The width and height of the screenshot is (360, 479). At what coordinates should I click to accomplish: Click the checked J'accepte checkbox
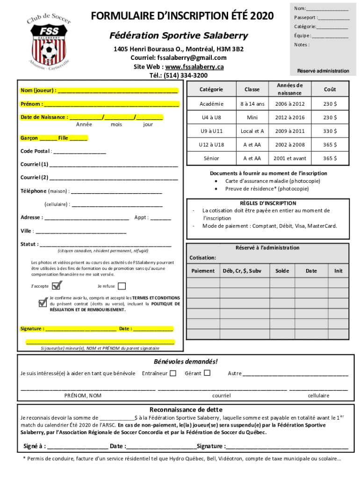(x=57, y=285)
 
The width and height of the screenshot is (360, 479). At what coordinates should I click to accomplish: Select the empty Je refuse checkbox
(x=122, y=286)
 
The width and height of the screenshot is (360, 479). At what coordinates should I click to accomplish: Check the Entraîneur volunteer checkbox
(x=173, y=373)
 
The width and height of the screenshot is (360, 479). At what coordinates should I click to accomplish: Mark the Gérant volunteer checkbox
(x=207, y=373)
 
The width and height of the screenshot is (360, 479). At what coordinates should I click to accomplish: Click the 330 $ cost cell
(x=330, y=131)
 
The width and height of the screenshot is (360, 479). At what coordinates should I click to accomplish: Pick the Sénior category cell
(x=211, y=159)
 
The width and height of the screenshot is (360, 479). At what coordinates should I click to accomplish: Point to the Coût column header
(x=330, y=89)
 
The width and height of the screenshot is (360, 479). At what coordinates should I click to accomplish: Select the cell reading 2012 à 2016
(x=289, y=117)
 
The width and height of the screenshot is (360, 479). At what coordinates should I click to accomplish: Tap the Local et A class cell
(x=252, y=131)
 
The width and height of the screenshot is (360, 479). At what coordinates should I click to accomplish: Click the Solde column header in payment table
(x=282, y=271)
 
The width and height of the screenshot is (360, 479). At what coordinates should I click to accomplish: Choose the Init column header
(x=338, y=271)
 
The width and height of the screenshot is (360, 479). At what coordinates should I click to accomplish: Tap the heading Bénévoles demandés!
(x=186, y=362)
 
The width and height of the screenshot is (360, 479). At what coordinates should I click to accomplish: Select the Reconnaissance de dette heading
(x=186, y=409)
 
